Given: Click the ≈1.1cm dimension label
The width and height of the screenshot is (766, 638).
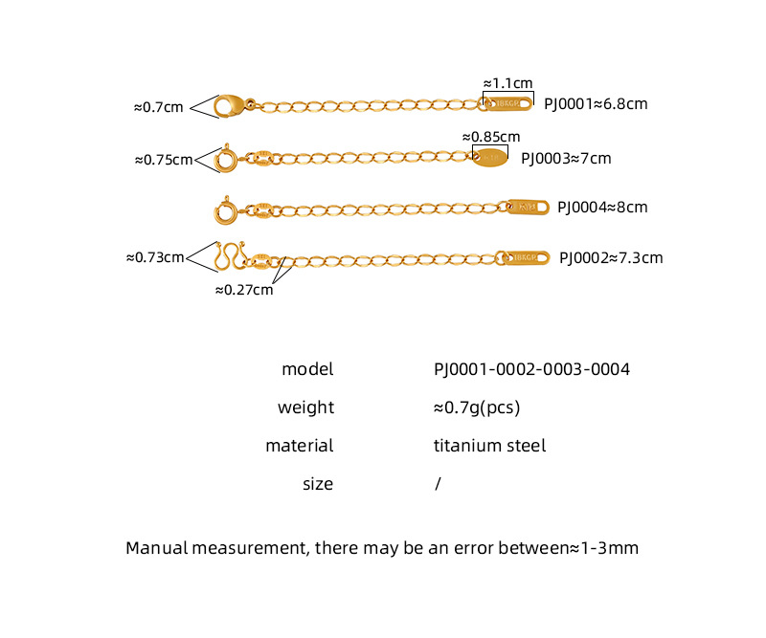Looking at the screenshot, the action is (x=507, y=83).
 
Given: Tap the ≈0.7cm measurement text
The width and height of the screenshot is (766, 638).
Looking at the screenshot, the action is (x=158, y=107).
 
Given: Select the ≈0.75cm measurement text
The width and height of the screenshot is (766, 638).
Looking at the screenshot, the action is (x=164, y=160).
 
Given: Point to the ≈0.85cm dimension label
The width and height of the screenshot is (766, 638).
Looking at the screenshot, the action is (x=491, y=137).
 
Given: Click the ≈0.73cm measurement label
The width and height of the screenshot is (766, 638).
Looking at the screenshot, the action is (x=155, y=256).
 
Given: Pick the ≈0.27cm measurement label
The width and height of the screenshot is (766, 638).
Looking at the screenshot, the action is (x=243, y=289).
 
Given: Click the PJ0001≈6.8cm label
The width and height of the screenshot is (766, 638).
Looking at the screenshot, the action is (x=596, y=103).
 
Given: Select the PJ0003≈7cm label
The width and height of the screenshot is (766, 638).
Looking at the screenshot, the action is (x=566, y=158).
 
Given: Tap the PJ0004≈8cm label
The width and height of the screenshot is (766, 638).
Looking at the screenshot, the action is (x=602, y=207).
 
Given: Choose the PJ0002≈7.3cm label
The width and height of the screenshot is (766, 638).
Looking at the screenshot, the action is (x=611, y=257).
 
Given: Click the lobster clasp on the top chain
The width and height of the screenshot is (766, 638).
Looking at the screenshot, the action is (x=227, y=104).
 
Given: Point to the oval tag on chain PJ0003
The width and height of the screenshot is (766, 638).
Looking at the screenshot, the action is (x=490, y=157).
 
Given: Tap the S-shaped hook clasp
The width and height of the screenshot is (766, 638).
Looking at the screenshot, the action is (x=229, y=256).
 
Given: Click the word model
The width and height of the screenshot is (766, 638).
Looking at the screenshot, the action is (x=307, y=369).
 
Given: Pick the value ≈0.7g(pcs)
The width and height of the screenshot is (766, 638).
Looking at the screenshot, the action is (x=476, y=407).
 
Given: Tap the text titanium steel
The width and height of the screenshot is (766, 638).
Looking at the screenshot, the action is (x=489, y=446).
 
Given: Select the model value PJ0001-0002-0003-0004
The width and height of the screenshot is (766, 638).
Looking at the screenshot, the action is (x=531, y=369).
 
